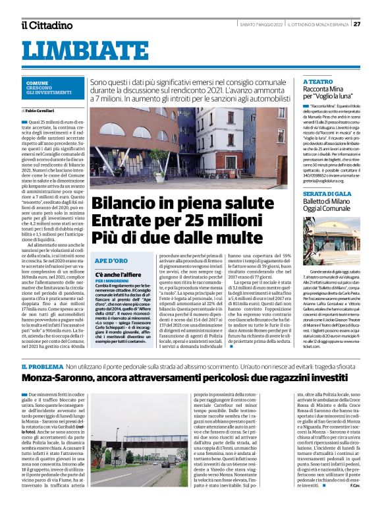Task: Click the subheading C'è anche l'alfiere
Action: [119, 273]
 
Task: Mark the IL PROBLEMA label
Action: [41, 365]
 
